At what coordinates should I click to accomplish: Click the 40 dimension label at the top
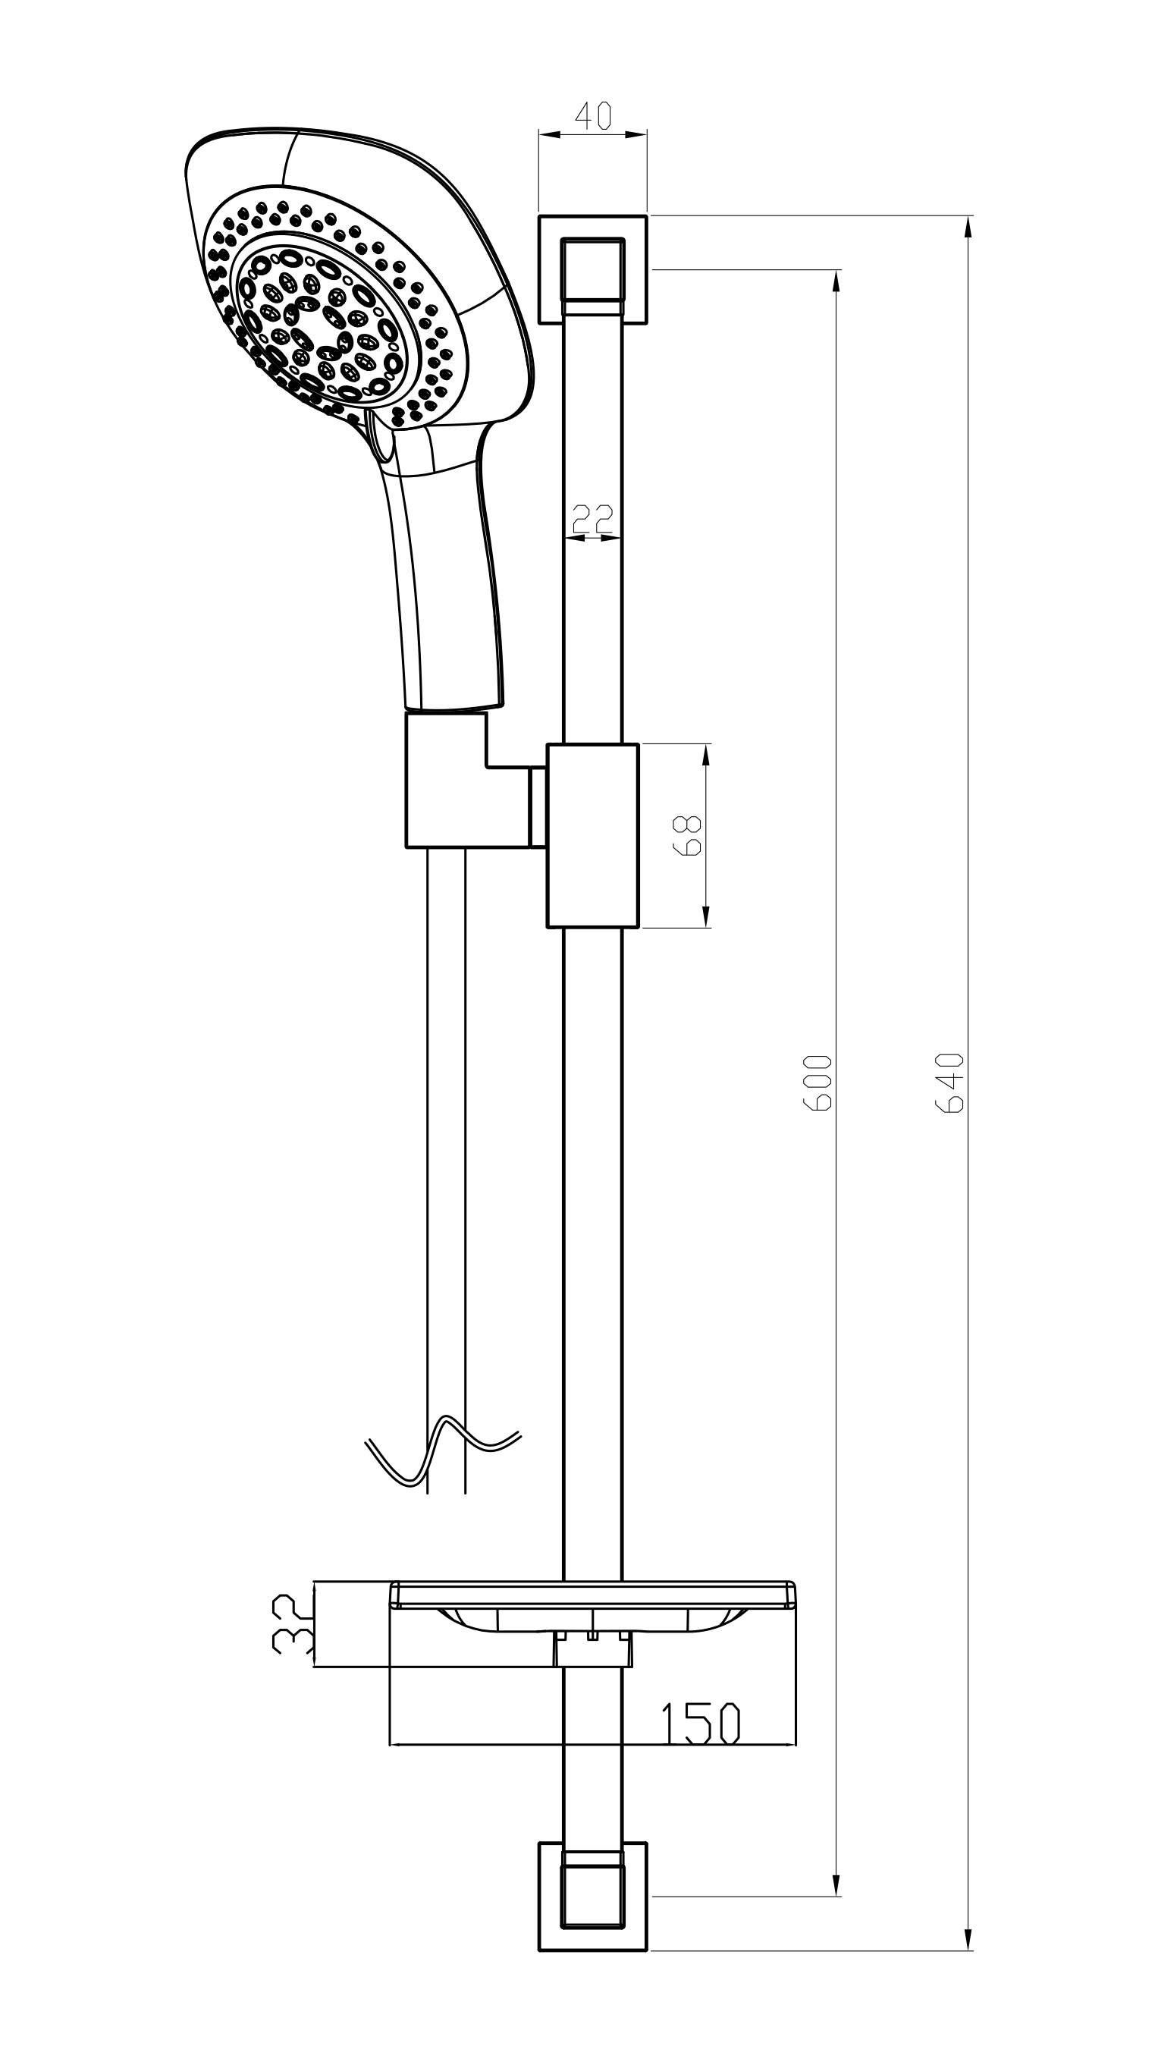pos(593,116)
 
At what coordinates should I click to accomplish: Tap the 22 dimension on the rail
pos(593,519)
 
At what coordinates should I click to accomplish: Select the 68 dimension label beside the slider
pos(688,836)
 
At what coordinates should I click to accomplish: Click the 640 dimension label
pos(949,1083)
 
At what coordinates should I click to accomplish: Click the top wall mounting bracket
pos(592,269)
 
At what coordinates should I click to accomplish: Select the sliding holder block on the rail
pos(592,836)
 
